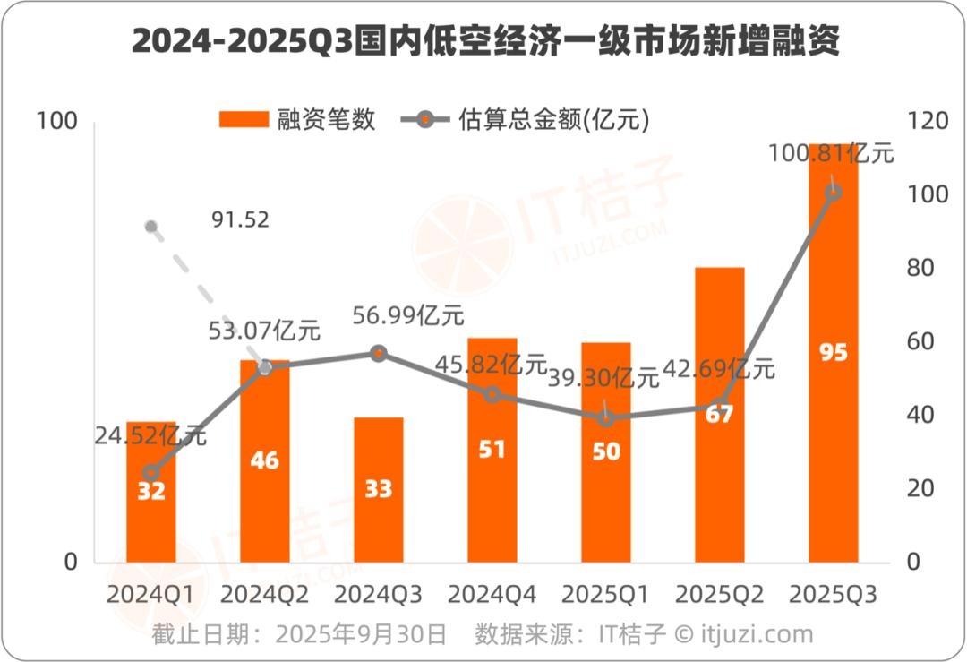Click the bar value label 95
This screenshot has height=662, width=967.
pyautogui.click(x=834, y=353)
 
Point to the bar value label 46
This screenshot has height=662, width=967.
pyautogui.click(x=264, y=461)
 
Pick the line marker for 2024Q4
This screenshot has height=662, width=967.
pyautogui.click(x=492, y=394)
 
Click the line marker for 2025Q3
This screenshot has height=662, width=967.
pyautogui.click(x=834, y=193)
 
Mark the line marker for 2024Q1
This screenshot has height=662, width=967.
pyautogui.click(x=150, y=473)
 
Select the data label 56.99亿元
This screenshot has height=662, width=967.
pyautogui.click(x=408, y=315)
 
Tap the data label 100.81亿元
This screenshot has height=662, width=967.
pyautogui.click(x=831, y=153)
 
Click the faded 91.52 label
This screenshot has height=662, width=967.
pyautogui.click(x=241, y=219)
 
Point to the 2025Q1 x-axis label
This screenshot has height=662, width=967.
pyautogui.click(x=606, y=594)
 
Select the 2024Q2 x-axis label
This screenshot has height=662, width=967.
pyautogui.click(x=264, y=594)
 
